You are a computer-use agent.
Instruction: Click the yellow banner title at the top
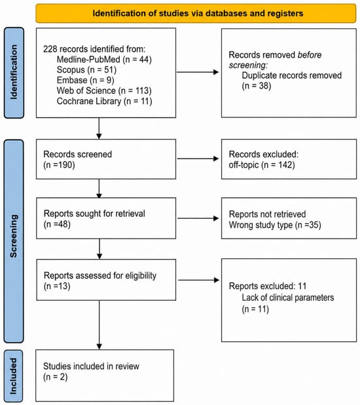[198, 13]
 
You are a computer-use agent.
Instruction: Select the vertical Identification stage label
[14, 72]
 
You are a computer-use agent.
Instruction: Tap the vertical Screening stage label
[14, 236]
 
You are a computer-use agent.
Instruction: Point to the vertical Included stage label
[13, 376]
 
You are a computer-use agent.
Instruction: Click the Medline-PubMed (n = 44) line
[104, 60]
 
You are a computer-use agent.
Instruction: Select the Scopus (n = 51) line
[86, 69]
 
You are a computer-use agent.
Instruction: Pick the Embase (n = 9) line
[86, 80]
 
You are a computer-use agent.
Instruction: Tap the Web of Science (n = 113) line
[104, 90]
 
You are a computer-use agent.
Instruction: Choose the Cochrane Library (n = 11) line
[104, 101]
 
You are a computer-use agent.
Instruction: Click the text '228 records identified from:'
[94, 48]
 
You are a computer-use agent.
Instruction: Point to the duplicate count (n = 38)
[257, 86]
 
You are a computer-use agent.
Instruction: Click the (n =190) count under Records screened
[59, 164]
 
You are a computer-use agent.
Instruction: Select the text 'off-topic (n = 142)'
[262, 164]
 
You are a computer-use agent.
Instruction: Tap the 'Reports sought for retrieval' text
[94, 214]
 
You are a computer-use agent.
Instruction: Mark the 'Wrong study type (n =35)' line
[275, 225]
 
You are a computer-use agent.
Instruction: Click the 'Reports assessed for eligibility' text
[100, 276]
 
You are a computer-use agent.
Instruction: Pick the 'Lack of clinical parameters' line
[288, 298]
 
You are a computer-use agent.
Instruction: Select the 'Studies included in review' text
[91, 366]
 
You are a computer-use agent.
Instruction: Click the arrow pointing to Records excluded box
[198, 159]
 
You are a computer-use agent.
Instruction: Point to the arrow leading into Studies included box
[99, 325]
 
